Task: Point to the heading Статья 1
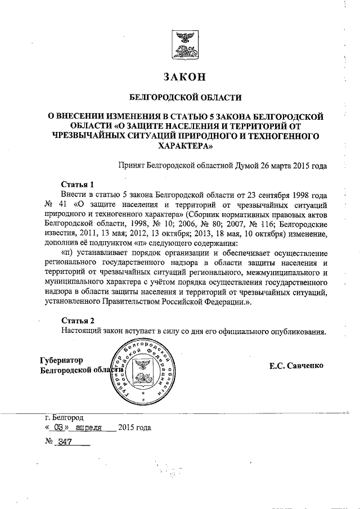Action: click(x=77, y=184)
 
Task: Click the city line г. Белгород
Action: click(x=64, y=418)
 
